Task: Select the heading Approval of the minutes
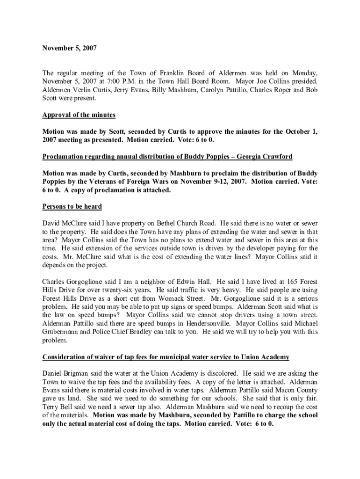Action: [79, 115]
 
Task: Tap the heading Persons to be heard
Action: [72, 206]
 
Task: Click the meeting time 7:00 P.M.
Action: [110, 81]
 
